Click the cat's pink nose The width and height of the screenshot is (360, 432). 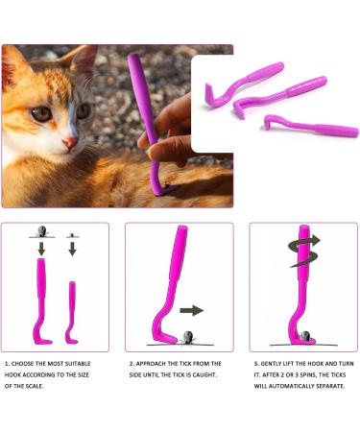click(x=69, y=143)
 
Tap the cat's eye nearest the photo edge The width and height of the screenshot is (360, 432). click(x=40, y=112)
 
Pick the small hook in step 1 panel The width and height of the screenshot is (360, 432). click(x=71, y=311)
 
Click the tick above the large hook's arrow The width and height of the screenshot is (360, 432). click(x=40, y=231)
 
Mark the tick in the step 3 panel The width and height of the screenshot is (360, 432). click(x=305, y=335)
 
